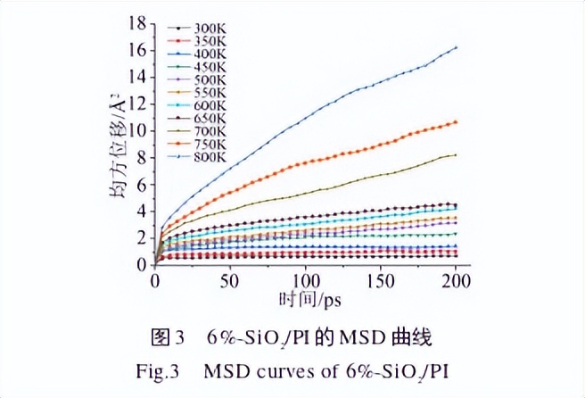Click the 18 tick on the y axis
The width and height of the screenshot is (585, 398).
[137, 22]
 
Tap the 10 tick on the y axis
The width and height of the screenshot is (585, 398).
[137, 130]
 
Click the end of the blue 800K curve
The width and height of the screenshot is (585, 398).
[456, 47]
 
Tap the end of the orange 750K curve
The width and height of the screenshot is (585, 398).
[456, 121]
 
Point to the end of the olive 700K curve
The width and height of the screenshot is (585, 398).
[456, 155]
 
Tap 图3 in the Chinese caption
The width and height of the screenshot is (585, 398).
[167, 337]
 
